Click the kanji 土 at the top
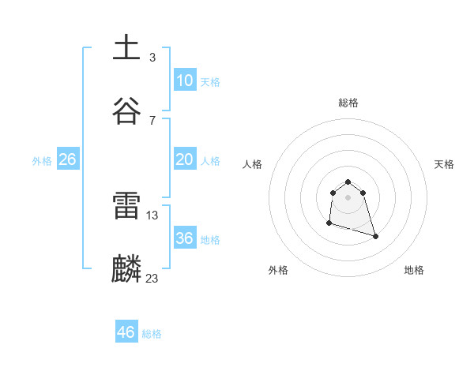[x=127, y=47]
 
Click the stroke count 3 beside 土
[x=152, y=57]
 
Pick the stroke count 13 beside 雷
[x=152, y=215]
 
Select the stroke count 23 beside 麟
[x=152, y=278]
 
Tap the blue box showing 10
[x=185, y=81]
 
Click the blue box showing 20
[x=185, y=159]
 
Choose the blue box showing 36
[x=185, y=238]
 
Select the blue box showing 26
[x=68, y=159]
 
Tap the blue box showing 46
[x=126, y=332]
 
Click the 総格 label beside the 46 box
[x=152, y=334]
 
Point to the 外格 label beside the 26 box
[x=42, y=161]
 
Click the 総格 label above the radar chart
[x=348, y=103]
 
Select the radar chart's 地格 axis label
[x=414, y=270]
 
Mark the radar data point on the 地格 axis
[x=375, y=236]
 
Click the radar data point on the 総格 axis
[x=348, y=179]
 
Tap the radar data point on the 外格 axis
[x=329, y=223]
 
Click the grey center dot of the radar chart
[x=348, y=197]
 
